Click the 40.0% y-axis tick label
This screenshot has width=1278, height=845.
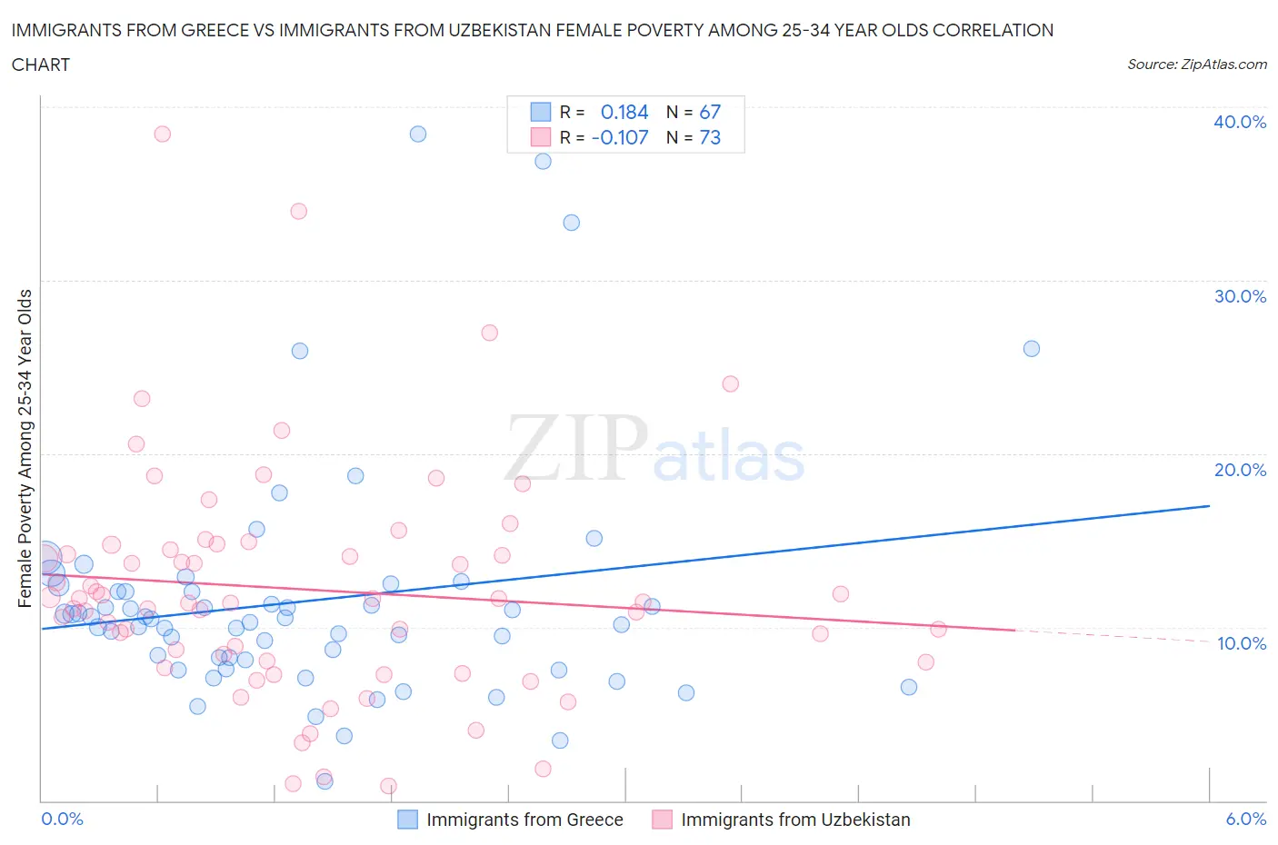1239,122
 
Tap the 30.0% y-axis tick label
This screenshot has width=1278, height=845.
1239,296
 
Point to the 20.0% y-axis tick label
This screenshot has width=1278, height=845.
1239,470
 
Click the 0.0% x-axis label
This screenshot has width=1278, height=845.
62,819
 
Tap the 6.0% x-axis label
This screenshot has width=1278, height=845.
1245,819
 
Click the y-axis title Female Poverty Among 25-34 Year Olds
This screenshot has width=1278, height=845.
25,448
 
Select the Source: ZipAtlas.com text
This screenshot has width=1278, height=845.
1196,65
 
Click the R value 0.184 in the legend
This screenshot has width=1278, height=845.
624,112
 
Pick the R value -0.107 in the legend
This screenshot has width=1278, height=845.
620,137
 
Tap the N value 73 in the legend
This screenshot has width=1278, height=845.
710,137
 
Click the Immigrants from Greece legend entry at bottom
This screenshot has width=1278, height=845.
524,820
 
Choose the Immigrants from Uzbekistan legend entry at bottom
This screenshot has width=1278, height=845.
795,820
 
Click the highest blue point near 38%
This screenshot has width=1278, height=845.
418,134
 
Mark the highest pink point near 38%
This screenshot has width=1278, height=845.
162,134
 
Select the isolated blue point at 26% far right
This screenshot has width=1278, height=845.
1031,349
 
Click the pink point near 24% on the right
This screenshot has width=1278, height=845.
730,383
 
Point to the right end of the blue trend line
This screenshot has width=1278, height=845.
1209,505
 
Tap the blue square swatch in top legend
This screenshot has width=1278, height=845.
541,112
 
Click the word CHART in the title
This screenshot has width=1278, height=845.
41,65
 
